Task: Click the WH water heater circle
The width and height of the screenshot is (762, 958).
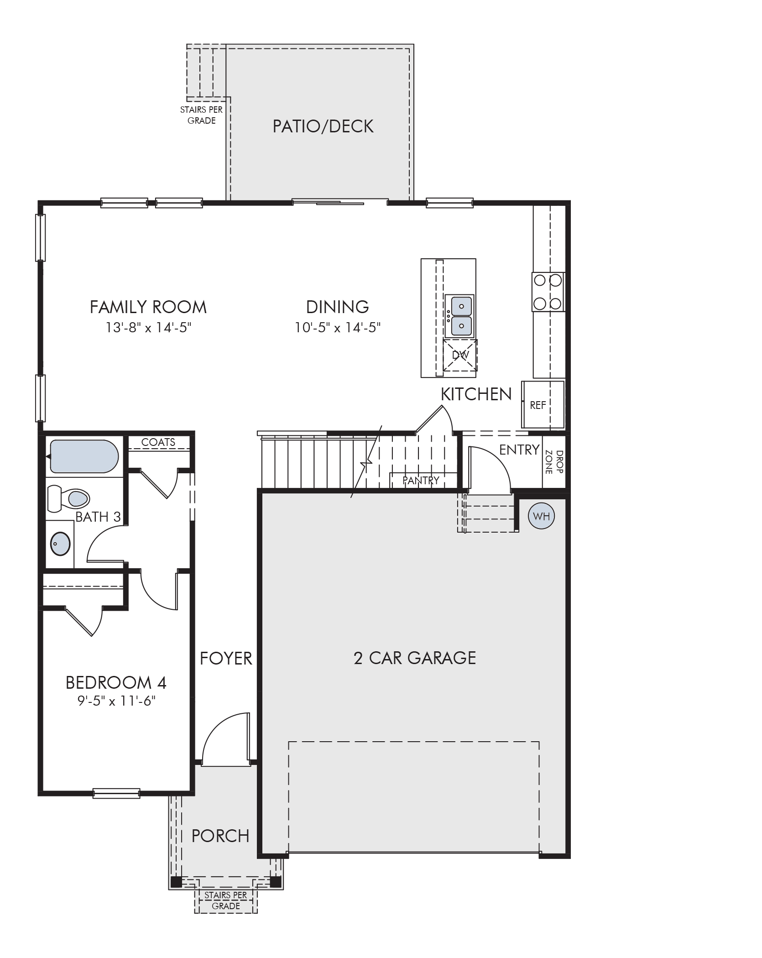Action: coord(541,516)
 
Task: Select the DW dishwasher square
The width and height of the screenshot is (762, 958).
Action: coord(460,355)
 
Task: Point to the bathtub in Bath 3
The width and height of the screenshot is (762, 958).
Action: coord(84,456)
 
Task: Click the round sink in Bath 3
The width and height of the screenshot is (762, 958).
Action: coord(60,544)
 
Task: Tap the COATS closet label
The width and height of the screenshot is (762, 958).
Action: coord(158,442)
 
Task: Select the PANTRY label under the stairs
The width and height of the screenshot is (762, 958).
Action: coord(421,480)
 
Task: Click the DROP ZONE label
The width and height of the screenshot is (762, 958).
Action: coord(553,462)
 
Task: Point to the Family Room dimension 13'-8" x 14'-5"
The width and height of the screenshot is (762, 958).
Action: coord(148,328)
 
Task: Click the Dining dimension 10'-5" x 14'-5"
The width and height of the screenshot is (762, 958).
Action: coord(337,328)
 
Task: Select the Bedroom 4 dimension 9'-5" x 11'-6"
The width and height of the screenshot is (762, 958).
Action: coord(116,700)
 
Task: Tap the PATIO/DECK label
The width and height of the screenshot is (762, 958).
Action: coord(323,126)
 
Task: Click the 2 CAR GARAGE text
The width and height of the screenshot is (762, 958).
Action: coord(414,658)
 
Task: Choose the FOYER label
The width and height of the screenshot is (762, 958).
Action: coord(226,658)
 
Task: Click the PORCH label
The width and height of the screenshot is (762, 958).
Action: coord(220,836)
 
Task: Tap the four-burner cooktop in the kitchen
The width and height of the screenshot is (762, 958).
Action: coord(548,292)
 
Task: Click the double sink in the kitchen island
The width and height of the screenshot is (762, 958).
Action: coord(459,316)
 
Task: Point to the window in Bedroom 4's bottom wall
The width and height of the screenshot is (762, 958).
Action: coord(116,793)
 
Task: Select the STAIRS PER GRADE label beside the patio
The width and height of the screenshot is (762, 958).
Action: coord(201,115)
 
